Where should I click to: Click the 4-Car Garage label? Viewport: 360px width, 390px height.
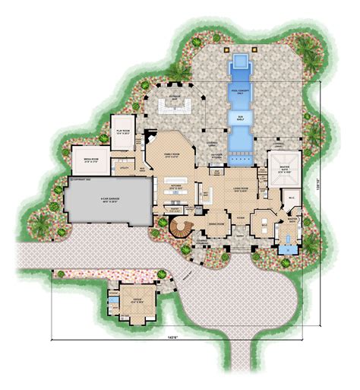tap(105, 200)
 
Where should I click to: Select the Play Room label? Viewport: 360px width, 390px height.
tap(122, 130)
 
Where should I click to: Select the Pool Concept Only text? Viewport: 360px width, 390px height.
tap(240, 90)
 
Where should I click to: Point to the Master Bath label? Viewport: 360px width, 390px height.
tap(292, 220)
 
